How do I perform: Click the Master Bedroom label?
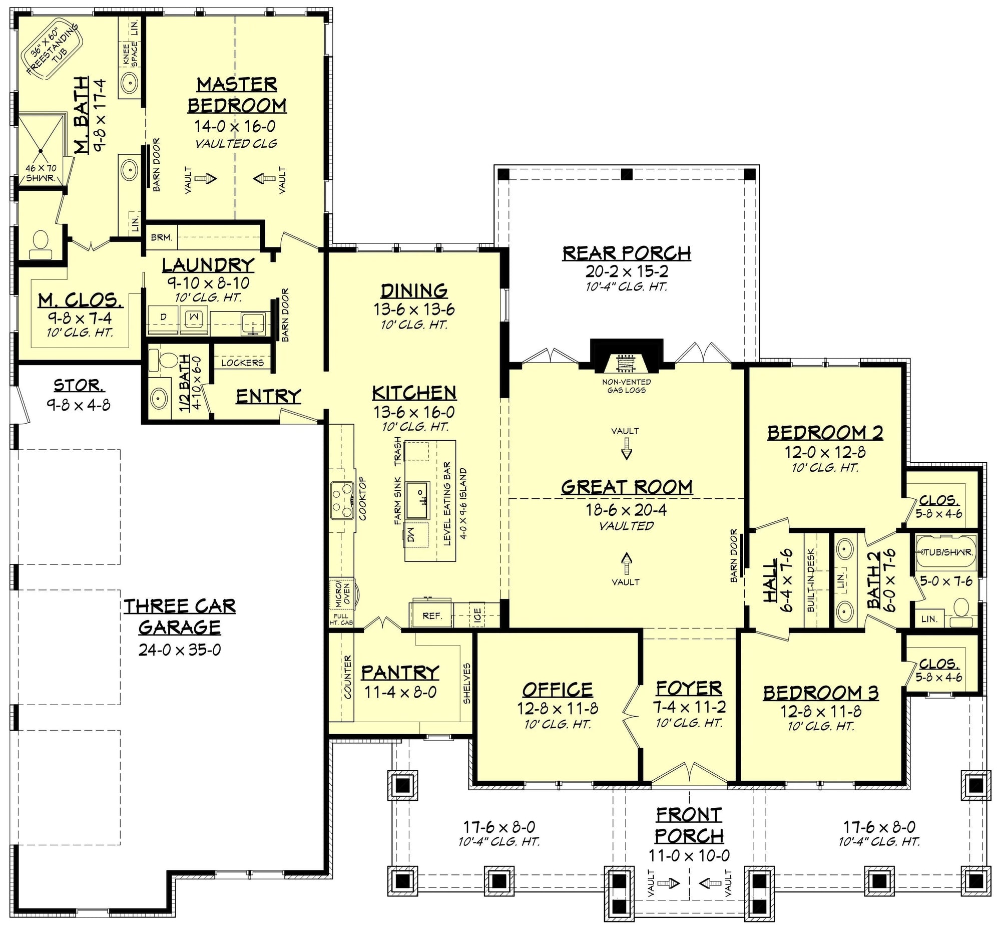coord(237,95)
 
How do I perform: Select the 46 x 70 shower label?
coord(41,173)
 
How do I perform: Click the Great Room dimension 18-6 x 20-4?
coord(626,510)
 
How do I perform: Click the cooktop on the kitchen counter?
coord(342,500)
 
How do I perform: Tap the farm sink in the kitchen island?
coord(417,500)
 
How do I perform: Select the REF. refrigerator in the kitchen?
coord(431,615)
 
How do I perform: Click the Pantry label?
coord(400,673)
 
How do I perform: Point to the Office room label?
coord(558,689)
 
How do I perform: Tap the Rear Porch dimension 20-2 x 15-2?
coord(627,271)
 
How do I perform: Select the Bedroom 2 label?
coord(825,433)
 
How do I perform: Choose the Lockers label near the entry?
coord(242,363)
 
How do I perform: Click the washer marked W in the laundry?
coord(195,317)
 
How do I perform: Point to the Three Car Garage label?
coord(180,616)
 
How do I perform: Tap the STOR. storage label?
coord(79,386)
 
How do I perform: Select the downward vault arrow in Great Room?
coord(626,448)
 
